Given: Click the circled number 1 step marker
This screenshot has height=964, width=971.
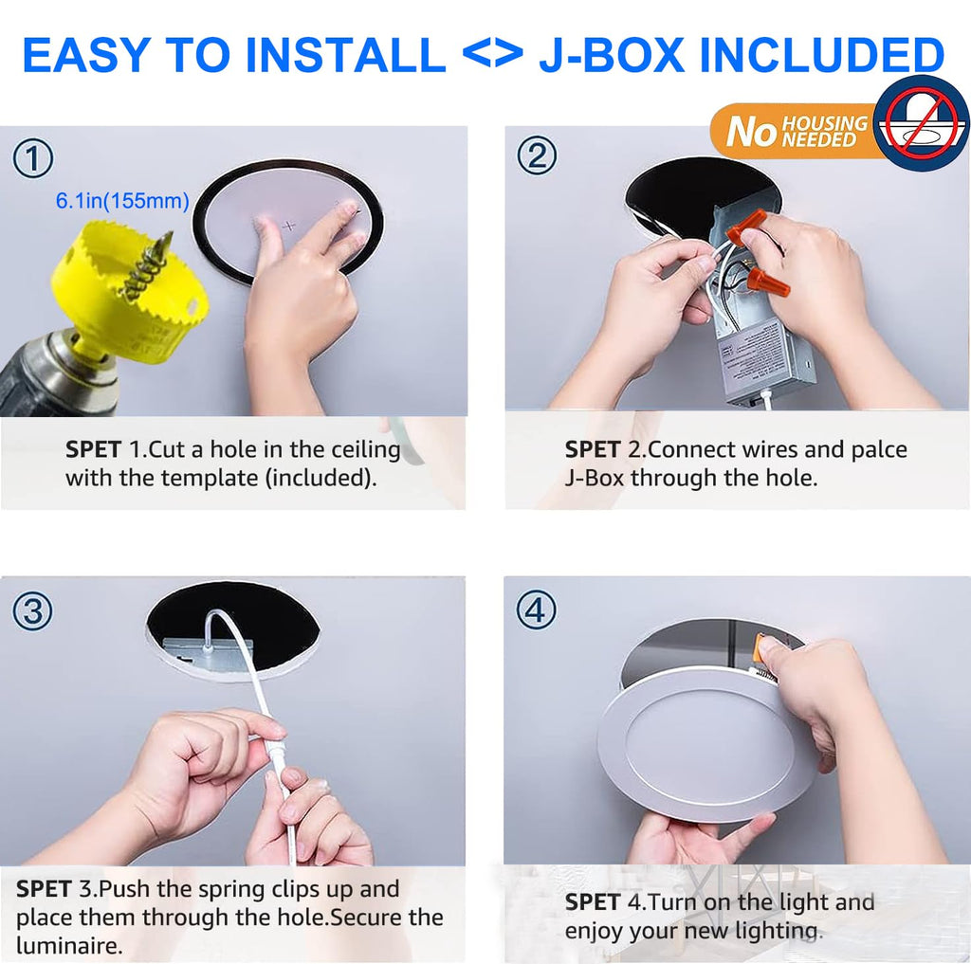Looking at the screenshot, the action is click(x=33, y=158).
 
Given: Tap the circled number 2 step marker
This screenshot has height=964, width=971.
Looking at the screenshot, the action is click(x=537, y=155).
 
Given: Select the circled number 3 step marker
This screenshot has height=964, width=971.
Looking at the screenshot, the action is click(x=33, y=611).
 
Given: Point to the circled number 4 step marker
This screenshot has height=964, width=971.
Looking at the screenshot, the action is click(x=537, y=609).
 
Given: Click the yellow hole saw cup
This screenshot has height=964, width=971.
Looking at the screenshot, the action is click(x=129, y=292).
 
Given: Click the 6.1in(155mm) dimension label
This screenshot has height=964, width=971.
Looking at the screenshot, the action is click(x=122, y=201).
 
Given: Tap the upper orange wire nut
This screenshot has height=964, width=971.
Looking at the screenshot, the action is click(x=745, y=226).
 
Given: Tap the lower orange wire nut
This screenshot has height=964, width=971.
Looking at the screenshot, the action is click(x=768, y=282).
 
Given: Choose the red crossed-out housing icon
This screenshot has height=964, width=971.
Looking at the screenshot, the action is click(x=921, y=123).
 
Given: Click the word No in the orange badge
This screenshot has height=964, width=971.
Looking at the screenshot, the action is click(x=751, y=131).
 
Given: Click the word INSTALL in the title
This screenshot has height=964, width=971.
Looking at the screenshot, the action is click(x=345, y=55).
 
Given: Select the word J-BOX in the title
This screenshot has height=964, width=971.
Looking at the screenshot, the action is click(x=612, y=55).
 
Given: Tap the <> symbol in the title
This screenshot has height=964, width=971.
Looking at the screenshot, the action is click(x=492, y=55).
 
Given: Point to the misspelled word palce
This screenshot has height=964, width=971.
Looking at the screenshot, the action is click(x=879, y=449).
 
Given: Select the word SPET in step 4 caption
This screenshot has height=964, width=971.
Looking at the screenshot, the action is click(x=593, y=902).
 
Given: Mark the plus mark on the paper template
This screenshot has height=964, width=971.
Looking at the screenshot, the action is click(x=289, y=226).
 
